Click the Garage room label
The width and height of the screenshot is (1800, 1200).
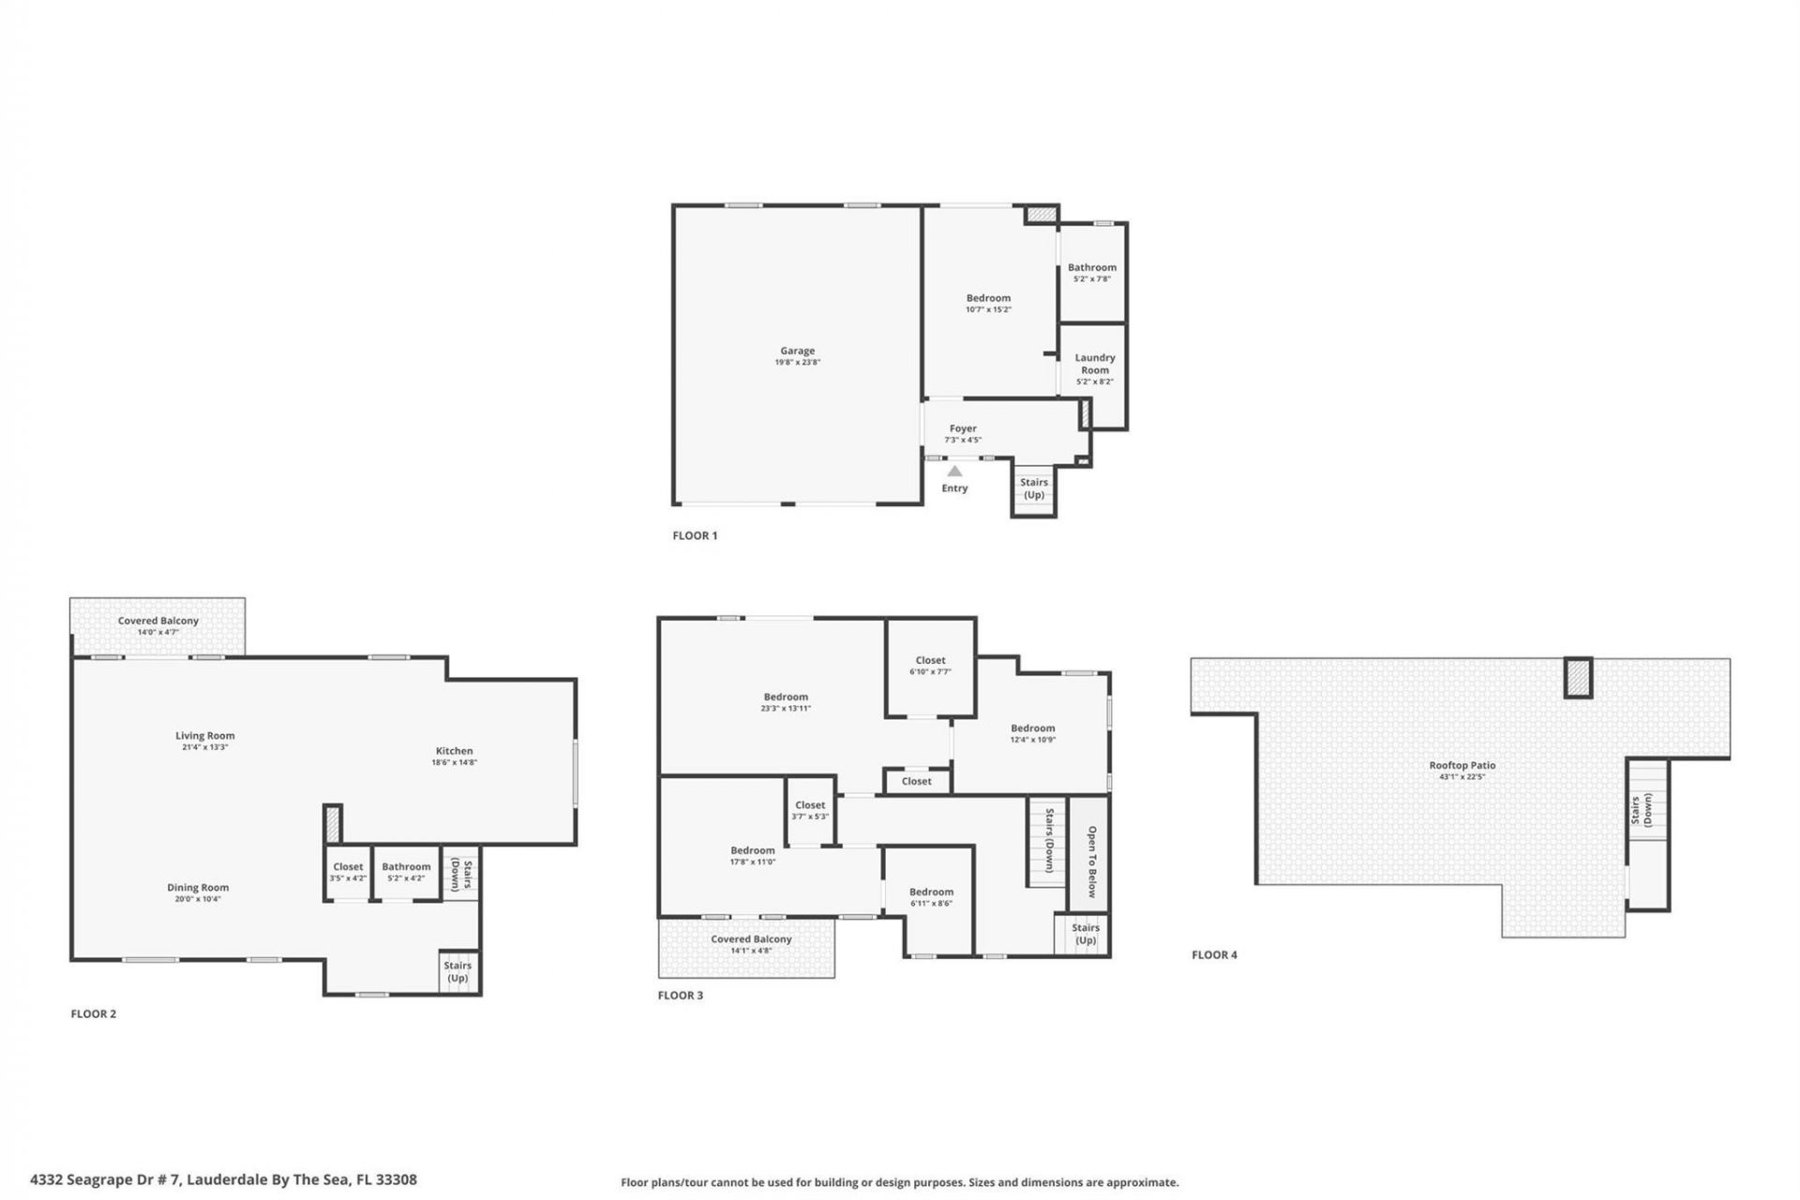click(797, 351)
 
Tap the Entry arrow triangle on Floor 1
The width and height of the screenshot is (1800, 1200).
click(954, 472)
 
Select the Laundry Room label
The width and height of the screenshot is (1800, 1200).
click(1094, 364)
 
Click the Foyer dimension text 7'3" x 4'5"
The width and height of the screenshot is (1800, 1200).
click(963, 440)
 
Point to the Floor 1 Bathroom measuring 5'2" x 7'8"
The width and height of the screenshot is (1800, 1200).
click(1092, 272)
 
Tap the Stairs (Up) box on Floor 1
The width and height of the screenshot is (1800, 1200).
click(1034, 489)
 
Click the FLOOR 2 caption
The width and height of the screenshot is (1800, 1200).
click(94, 1013)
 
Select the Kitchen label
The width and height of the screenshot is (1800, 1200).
click(454, 751)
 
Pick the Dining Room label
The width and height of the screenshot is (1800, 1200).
click(198, 887)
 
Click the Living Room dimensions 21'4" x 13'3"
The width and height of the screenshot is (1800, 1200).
click(205, 747)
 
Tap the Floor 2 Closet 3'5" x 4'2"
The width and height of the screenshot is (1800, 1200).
click(348, 872)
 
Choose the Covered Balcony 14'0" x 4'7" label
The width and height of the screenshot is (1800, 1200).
click(158, 625)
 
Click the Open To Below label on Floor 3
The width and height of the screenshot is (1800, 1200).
click(1091, 861)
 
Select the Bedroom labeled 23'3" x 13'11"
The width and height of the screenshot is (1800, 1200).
click(786, 702)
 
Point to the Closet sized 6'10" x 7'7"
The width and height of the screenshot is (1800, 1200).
click(930, 666)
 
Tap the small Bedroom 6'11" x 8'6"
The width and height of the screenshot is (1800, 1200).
click(931, 897)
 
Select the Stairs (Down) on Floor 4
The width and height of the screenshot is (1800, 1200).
click(1642, 810)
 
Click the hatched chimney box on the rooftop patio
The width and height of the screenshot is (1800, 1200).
click(1579, 678)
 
